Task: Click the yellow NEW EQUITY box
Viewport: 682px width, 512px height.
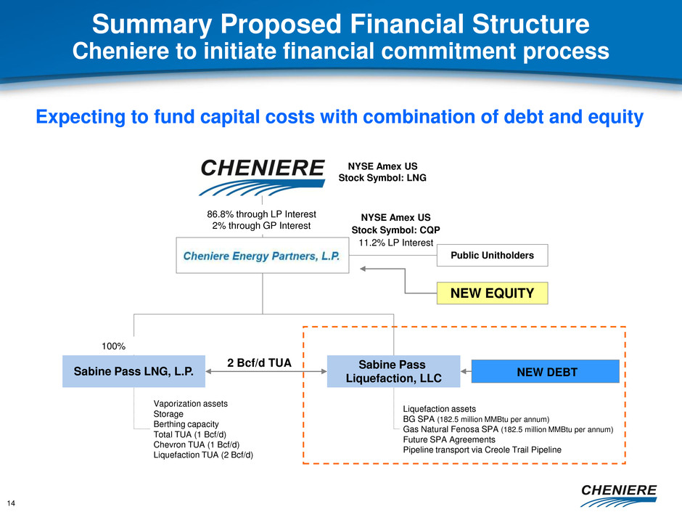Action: pos(493,293)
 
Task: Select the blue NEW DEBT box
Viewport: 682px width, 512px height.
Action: pos(546,371)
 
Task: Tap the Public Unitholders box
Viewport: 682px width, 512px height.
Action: pos(493,255)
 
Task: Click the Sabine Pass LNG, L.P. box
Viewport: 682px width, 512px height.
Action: pos(133,371)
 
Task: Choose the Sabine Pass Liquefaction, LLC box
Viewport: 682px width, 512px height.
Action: pos(394,371)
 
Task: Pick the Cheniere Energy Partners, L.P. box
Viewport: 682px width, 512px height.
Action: pos(262,256)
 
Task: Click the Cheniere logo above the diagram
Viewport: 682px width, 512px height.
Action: pos(262,176)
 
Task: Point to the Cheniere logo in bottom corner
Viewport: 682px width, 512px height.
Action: pos(618,495)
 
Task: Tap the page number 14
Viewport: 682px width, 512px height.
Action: pos(11,503)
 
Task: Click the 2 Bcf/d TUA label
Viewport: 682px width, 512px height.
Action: pos(259,362)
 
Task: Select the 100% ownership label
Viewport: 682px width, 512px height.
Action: pos(113,346)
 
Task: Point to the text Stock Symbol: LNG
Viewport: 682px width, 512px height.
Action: pos(382,178)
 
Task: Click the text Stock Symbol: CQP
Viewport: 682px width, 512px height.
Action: pos(396,230)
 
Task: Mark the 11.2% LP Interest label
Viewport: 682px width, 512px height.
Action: pos(396,243)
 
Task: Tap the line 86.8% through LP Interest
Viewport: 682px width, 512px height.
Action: pos(261,214)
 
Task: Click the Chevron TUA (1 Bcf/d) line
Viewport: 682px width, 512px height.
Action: pos(197,444)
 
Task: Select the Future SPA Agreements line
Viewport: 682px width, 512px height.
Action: pos(449,439)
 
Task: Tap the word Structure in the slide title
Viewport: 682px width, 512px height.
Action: pos(530,24)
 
